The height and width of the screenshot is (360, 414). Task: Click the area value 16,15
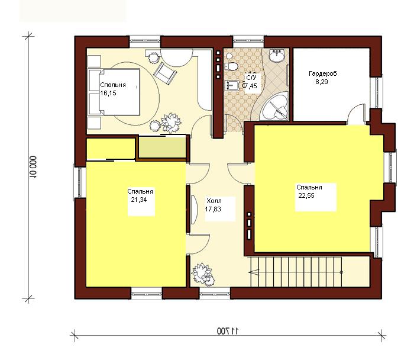[x=108, y=93]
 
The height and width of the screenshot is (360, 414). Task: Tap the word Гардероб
[x=323, y=73]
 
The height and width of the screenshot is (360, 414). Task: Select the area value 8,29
[x=322, y=82]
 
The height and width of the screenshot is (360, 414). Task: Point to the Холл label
[x=214, y=201]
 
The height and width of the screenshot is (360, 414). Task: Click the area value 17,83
[x=213, y=209]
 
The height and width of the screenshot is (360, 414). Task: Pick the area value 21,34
[x=139, y=200]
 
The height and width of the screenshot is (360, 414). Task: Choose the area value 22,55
[x=306, y=195]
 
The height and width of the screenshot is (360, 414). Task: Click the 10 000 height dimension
[x=33, y=167]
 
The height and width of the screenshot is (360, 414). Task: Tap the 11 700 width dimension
[x=228, y=330]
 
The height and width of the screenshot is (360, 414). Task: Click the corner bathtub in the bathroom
[x=274, y=106]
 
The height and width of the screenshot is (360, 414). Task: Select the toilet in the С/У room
[x=231, y=66]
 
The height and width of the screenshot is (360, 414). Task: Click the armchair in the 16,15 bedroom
[x=165, y=73]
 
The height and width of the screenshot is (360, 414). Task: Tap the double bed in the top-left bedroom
[x=114, y=92]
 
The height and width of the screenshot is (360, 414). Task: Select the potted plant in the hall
[x=203, y=275]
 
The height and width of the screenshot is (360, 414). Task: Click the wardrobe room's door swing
[x=356, y=114]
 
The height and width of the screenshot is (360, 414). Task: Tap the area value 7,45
[x=250, y=86]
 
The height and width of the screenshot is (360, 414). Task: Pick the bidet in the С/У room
[x=232, y=85]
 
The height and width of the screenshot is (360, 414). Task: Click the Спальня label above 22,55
[x=309, y=187]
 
